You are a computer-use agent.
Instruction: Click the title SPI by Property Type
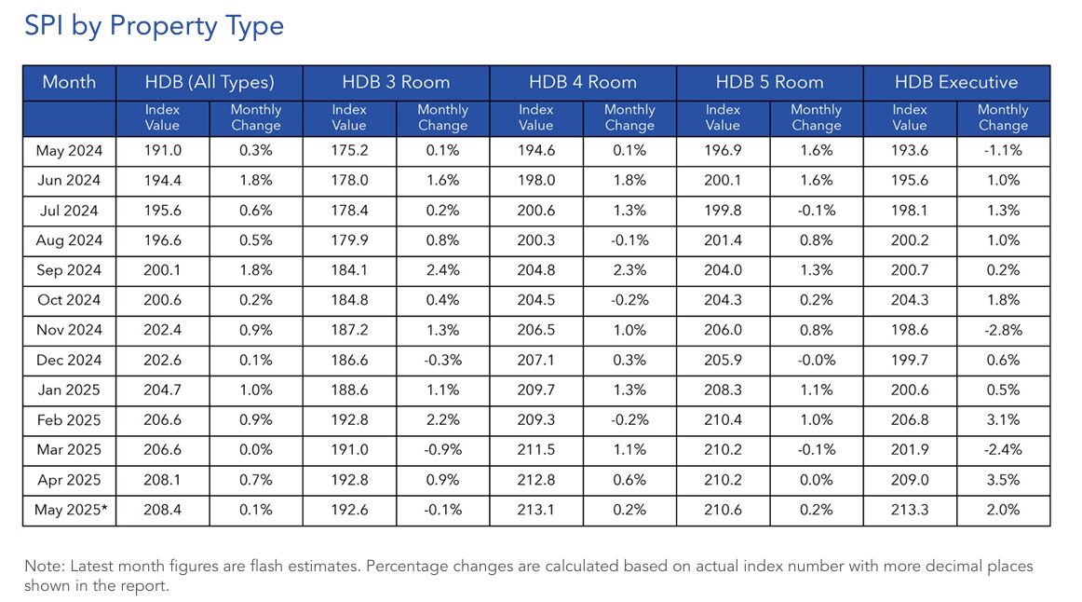point(154,26)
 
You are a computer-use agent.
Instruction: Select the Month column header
point(69,82)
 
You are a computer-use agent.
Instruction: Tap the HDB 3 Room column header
point(396,82)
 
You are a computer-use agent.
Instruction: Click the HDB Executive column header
point(956,82)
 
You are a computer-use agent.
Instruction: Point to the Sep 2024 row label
point(69,270)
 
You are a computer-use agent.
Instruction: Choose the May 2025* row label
point(69,510)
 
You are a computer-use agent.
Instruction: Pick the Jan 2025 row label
point(69,390)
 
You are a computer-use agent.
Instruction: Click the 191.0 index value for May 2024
point(162,151)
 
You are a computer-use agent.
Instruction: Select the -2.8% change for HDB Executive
point(1003,331)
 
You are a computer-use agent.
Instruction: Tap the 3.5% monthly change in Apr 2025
point(1003,480)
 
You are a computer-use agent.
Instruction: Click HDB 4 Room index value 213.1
point(535,510)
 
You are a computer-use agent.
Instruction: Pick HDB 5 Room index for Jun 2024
point(723,181)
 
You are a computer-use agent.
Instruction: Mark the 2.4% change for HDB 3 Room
point(442,270)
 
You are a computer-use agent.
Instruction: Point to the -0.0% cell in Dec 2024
point(816,361)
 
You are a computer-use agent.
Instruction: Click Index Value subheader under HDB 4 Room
point(535,117)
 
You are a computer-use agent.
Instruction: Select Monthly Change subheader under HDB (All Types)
point(255,117)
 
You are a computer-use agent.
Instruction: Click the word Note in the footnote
point(41,567)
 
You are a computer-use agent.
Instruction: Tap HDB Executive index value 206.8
point(910,420)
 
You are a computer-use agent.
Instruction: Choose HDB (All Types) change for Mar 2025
point(255,450)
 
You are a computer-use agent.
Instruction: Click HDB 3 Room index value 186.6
point(349,361)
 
